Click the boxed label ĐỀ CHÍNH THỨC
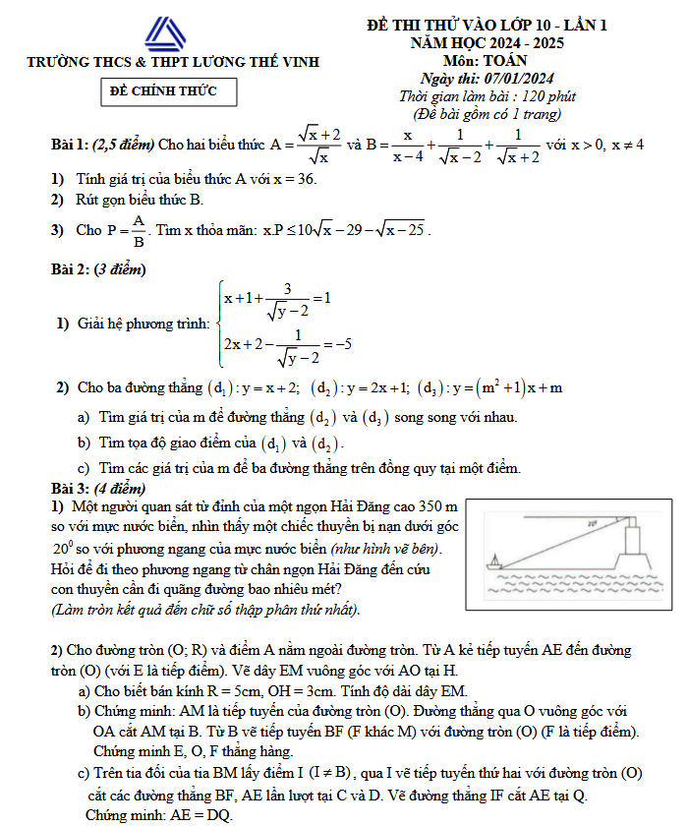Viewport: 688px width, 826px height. [x=173, y=92]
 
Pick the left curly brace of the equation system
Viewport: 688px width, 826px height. [x=218, y=322]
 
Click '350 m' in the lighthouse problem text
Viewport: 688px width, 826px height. [x=438, y=504]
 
